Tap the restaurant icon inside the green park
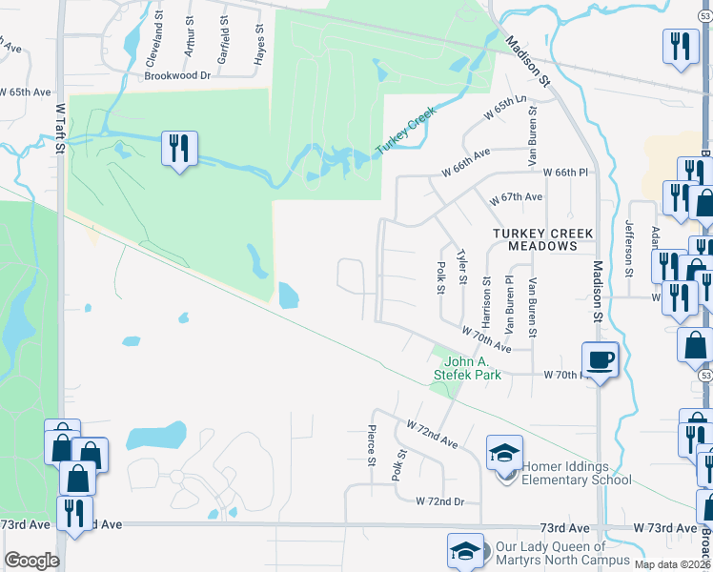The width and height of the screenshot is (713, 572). pyautogui.click(x=179, y=149)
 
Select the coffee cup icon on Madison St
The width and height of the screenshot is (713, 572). pyautogui.click(x=599, y=360)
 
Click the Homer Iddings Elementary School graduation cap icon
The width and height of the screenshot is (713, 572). pyautogui.click(x=505, y=452)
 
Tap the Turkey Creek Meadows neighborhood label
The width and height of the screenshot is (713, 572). pyautogui.click(x=542, y=239)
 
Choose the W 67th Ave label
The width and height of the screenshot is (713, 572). pyautogui.click(x=516, y=197)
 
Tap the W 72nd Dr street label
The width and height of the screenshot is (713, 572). pyautogui.click(x=439, y=500)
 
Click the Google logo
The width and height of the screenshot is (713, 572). pyautogui.click(x=31, y=561)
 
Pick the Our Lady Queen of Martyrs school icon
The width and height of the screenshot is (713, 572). pyautogui.click(x=464, y=550)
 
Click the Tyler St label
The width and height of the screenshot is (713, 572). pyautogui.click(x=462, y=267)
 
